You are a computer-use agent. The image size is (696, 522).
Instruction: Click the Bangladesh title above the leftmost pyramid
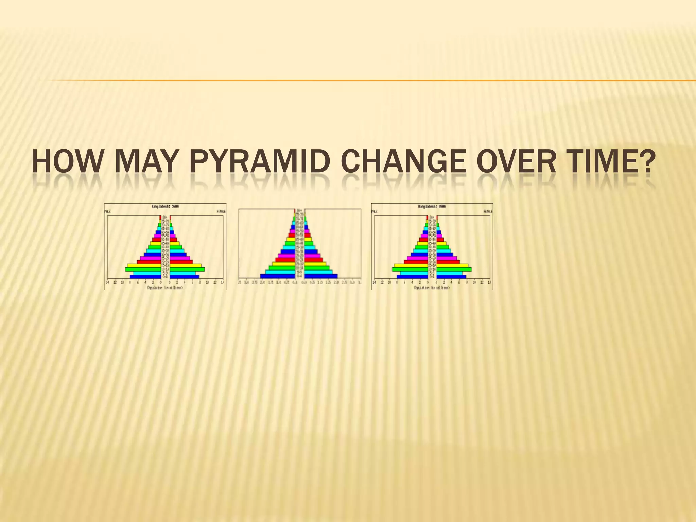[165, 206]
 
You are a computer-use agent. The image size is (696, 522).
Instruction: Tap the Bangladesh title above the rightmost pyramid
[432, 206]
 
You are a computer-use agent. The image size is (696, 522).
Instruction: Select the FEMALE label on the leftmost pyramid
[221, 211]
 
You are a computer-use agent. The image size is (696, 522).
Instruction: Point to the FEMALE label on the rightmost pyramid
[488, 211]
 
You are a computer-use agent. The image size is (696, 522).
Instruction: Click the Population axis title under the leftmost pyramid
[165, 288]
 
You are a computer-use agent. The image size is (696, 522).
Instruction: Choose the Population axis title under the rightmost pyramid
[432, 288]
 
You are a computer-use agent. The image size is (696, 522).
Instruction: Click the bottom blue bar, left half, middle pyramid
[278, 276]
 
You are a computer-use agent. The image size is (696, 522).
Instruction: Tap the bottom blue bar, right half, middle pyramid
[321, 276]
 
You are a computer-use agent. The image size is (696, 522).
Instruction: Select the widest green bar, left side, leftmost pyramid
[143, 269]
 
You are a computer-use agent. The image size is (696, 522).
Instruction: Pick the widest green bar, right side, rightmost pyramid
[454, 269]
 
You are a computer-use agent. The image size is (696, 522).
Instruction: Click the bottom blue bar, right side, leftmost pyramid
[184, 277]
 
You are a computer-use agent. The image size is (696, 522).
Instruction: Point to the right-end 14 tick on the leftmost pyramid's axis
[223, 282]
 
